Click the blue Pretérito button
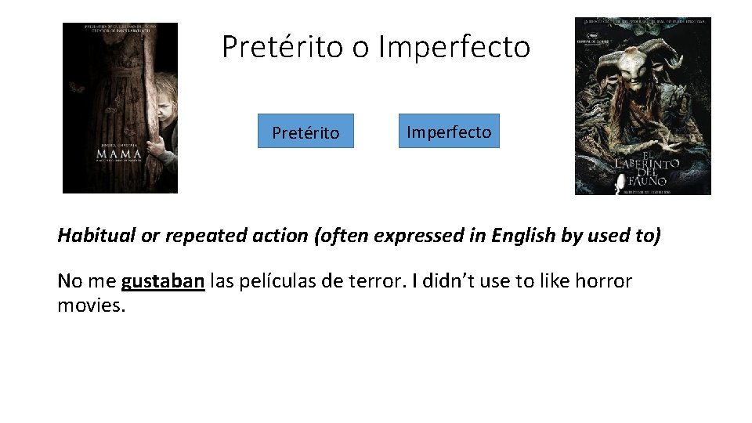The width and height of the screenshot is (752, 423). pos(305,132)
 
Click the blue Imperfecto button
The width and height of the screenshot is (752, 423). pos(449,132)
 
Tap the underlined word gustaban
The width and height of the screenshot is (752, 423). pos(163,280)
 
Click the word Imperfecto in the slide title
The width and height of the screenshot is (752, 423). pos(454,47)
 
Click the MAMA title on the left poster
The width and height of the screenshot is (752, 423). pos(119,154)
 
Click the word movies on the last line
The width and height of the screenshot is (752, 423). pos(91,305)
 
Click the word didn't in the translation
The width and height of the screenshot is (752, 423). pos(446,280)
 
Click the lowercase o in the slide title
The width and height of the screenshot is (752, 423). pos(360,49)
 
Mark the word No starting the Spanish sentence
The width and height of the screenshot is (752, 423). pos(68,280)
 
